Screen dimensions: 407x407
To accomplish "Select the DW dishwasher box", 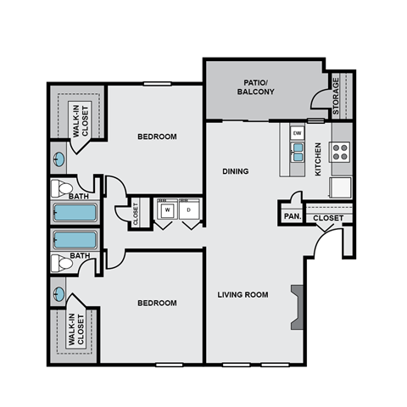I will [297, 133].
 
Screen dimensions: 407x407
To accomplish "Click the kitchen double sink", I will [297, 152].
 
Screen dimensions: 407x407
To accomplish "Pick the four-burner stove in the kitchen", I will [340, 152].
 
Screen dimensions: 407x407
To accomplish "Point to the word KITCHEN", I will [318, 159].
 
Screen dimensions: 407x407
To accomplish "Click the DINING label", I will [236, 171].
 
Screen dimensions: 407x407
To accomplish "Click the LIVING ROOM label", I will [243, 295].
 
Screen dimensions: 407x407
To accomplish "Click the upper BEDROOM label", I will [157, 137].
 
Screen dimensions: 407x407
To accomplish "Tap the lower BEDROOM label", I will [157, 303].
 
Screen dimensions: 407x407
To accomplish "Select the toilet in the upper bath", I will [62, 187].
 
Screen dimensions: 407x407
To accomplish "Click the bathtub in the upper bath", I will [75, 211].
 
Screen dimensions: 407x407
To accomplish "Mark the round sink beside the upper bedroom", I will [59, 158].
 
